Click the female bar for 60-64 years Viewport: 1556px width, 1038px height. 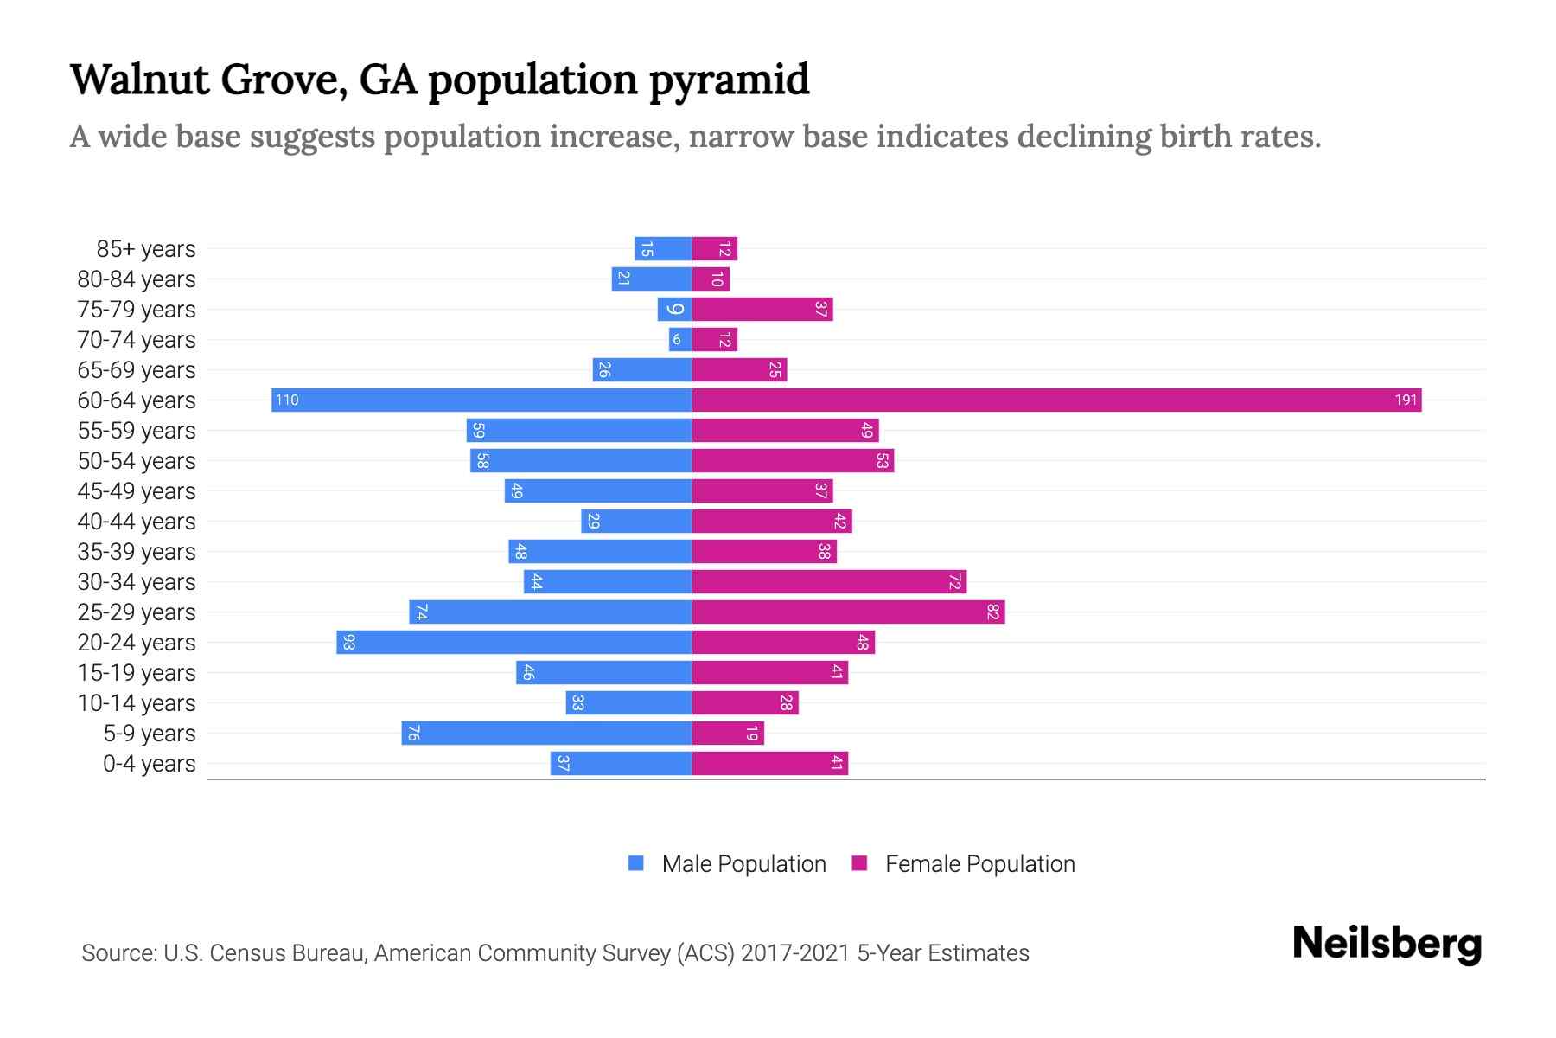pos(1056,400)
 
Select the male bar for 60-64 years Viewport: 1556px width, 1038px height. pos(481,400)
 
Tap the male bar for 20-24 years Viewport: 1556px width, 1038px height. pos(514,642)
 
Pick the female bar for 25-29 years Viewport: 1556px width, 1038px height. pos(848,612)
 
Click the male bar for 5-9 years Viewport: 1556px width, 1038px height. pos(546,733)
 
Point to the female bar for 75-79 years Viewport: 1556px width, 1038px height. pos(762,309)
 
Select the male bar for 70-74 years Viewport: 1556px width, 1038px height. pos(680,339)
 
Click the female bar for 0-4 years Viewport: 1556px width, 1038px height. pos(769,763)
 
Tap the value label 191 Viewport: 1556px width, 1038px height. pos(1406,400)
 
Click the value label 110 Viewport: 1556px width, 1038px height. pos(287,400)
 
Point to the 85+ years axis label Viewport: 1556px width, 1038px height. pos(146,249)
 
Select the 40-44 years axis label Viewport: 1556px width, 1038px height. pos(137,522)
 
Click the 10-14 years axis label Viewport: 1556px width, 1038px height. pos(137,703)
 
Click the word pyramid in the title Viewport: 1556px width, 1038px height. pos(729,80)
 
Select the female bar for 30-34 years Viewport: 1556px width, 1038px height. pos(829,581)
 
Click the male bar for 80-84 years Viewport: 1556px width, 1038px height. pos(652,279)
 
